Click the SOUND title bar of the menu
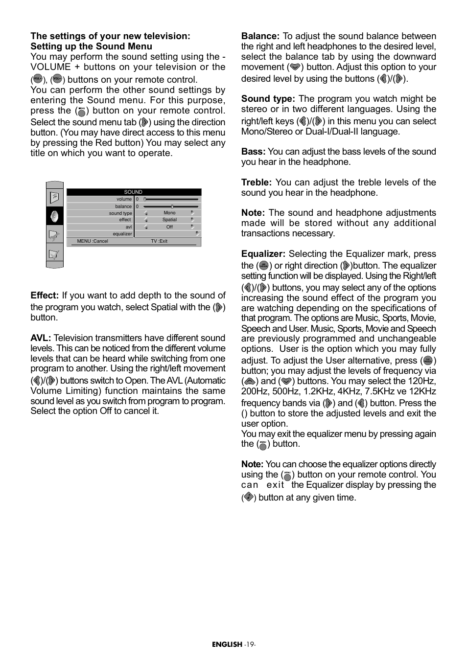tap(133, 192)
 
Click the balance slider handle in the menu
tap(172, 206)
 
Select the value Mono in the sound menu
tap(169, 213)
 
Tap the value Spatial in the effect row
tap(169, 220)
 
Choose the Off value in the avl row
tap(169, 227)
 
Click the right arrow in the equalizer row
tap(197, 234)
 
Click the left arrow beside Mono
tap(146, 213)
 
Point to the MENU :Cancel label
tap(93, 241)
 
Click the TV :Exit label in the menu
tap(159, 241)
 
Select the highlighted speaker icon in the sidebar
tap(54, 216)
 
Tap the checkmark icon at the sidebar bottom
tap(54, 254)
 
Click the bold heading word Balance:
tap(260, 36)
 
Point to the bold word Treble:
tap(256, 182)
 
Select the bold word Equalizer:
tap(263, 254)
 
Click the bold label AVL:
tap(41, 338)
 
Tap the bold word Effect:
tap(45, 296)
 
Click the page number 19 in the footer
tap(250, 644)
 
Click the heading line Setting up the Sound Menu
tap(91, 46)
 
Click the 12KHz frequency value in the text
tap(423, 391)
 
